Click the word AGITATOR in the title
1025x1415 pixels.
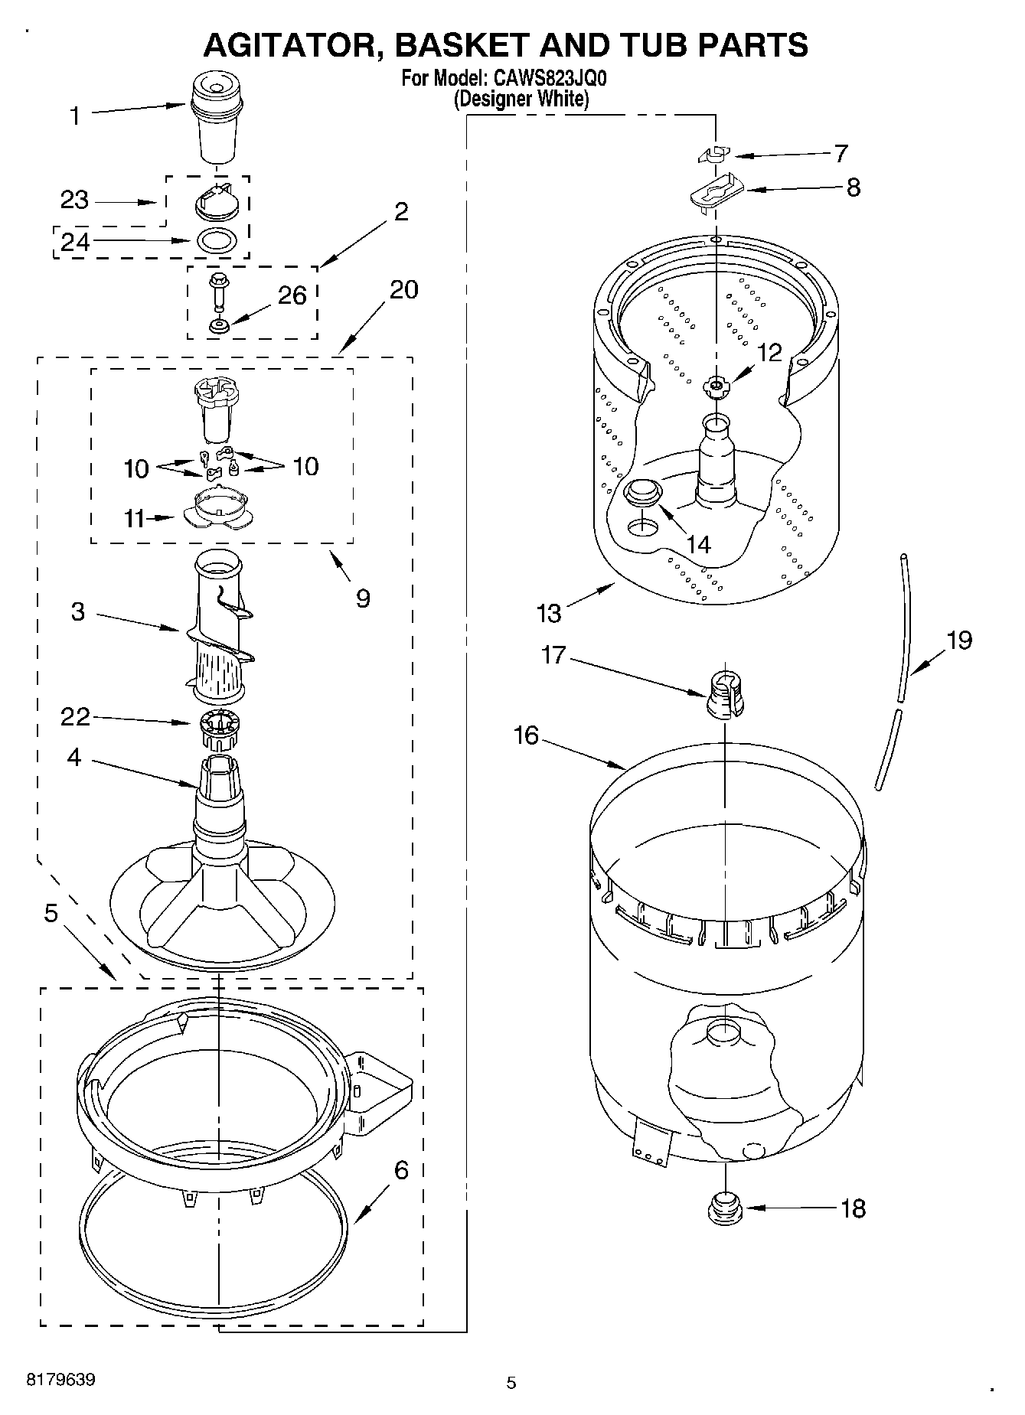(x=288, y=45)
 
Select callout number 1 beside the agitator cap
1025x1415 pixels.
(x=75, y=116)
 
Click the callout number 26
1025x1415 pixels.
(x=292, y=295)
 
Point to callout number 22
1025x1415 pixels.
(x=75, y=717)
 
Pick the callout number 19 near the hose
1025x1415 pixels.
(x=959, y=640)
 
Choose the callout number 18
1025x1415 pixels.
(x=853, y=1208)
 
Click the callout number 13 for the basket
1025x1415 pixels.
(x=549, y=612)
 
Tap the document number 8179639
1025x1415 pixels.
(x=61, y=1380)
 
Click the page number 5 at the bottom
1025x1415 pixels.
(x=511, y=1382)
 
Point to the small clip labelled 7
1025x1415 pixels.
(x=715, y=155)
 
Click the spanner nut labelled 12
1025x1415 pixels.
(x=716, y=387)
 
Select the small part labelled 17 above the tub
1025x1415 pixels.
(x=725, y=695)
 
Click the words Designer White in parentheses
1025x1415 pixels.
(x=521, y=99)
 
